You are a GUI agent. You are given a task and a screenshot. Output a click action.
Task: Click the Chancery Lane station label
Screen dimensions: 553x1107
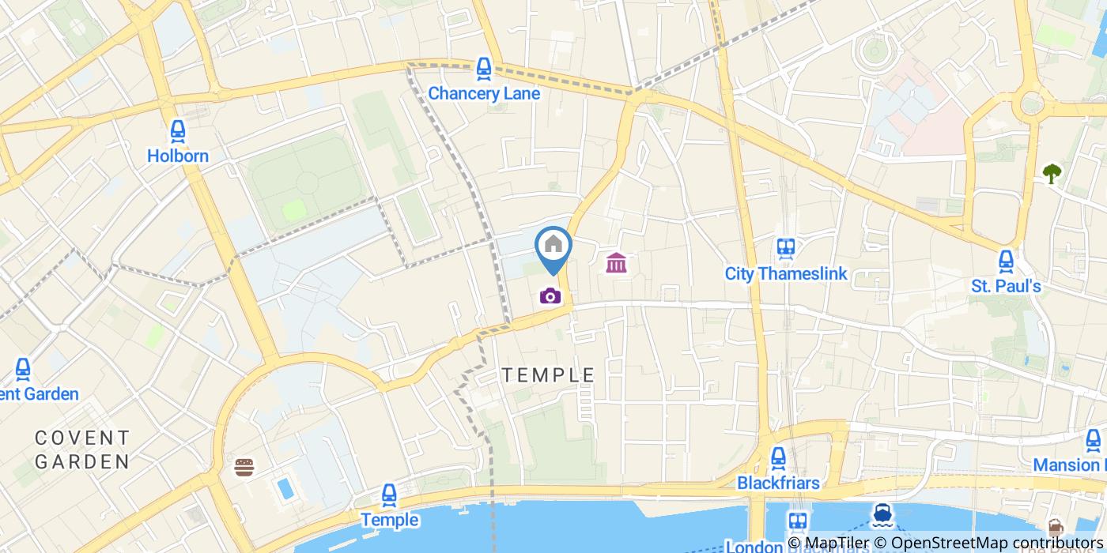(x=484, y=93)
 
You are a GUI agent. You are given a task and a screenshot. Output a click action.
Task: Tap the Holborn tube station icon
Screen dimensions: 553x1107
(x=178, y=131)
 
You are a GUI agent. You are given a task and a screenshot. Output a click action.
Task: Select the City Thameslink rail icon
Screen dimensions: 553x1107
(x=785, y=249)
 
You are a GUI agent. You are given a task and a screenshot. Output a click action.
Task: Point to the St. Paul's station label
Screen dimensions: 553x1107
(x=1006, y=286)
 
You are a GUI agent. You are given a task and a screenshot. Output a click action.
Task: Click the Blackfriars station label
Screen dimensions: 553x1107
(x=778, y=482)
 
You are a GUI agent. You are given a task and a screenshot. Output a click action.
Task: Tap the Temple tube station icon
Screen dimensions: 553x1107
(x=388, y=495)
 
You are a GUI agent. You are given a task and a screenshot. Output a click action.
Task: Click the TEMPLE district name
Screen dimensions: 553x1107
(x=548, y=375)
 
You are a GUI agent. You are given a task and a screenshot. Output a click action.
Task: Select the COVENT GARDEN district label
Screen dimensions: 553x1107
(x=81, y=449)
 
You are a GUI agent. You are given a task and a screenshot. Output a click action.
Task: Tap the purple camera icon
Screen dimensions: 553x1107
(x=550, y=296)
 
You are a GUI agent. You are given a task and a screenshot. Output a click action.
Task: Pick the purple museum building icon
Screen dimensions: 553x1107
(x=616, y=262)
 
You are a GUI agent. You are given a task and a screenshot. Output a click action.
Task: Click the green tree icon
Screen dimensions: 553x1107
(x=1052, y=173)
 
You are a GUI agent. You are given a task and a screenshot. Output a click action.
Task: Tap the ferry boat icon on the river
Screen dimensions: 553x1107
(x=882, y=516)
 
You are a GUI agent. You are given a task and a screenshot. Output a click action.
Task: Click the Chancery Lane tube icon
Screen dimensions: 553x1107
(x=484, y=69)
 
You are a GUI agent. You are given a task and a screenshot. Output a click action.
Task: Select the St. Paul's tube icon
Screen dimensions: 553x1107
(x=1006, y=261)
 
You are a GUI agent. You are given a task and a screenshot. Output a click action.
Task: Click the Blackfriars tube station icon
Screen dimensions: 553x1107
(x=778, y=457)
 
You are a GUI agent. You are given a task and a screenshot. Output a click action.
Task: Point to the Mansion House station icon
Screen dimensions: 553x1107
(x=1094, y=440)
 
